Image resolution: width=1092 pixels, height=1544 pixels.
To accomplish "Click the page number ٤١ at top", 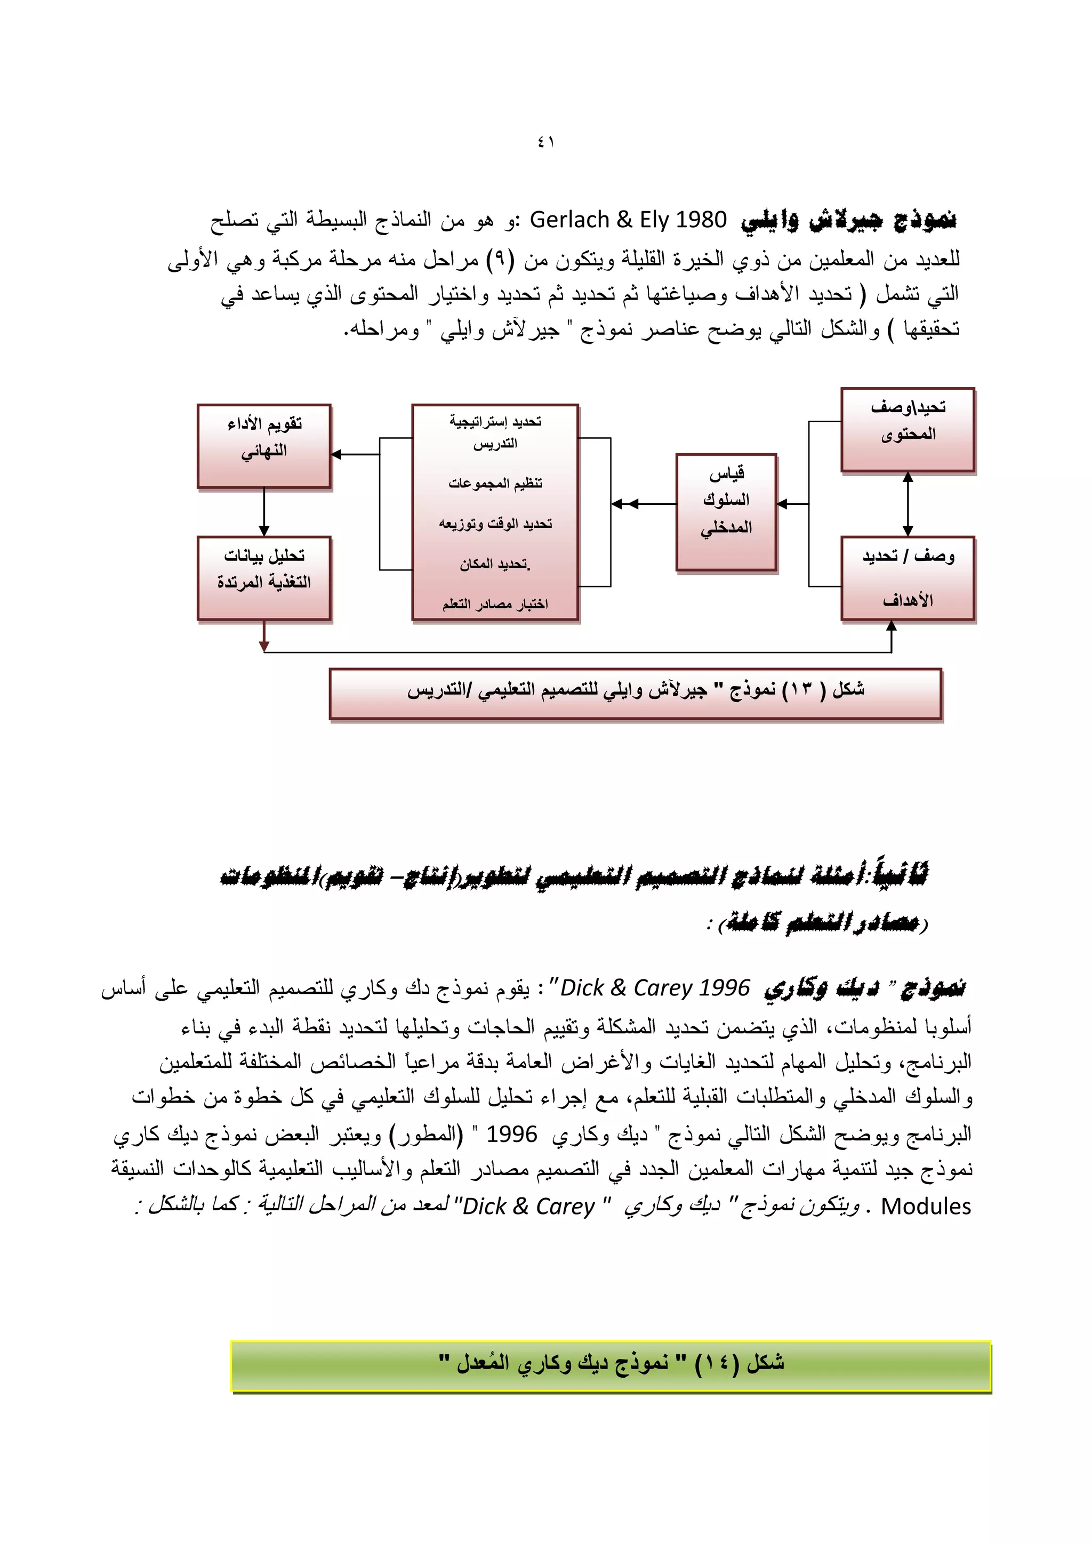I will pyautogui.click(x=545, y=142).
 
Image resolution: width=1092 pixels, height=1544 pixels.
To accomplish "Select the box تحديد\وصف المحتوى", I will pyautogui.click(x=907, y=429).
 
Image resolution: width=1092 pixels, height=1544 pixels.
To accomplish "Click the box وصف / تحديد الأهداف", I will pyautogui.click(x=907, y=577).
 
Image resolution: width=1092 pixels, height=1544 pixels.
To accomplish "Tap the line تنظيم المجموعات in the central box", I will pyautogui.click(x=495, y=484).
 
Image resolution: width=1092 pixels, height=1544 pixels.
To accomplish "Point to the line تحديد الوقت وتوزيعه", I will pyautogui.click(x=495, y=523).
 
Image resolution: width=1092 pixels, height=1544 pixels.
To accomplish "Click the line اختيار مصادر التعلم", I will pyautogui.click(x=495, y=604).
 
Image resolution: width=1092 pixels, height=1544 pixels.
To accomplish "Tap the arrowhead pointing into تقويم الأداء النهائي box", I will pyautogui.click(x=337, y=455).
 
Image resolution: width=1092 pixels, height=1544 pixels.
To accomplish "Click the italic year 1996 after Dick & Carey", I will pyautogui.click(x=724, y=988).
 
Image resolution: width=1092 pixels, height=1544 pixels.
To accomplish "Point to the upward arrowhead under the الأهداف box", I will pyautogui.click(x=891, y=626).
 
